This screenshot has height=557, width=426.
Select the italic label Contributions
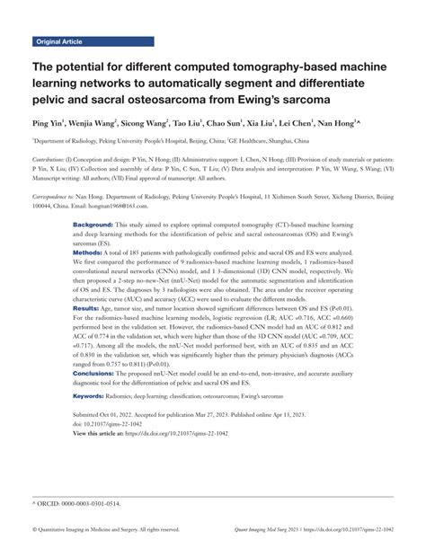pos(51,155)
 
